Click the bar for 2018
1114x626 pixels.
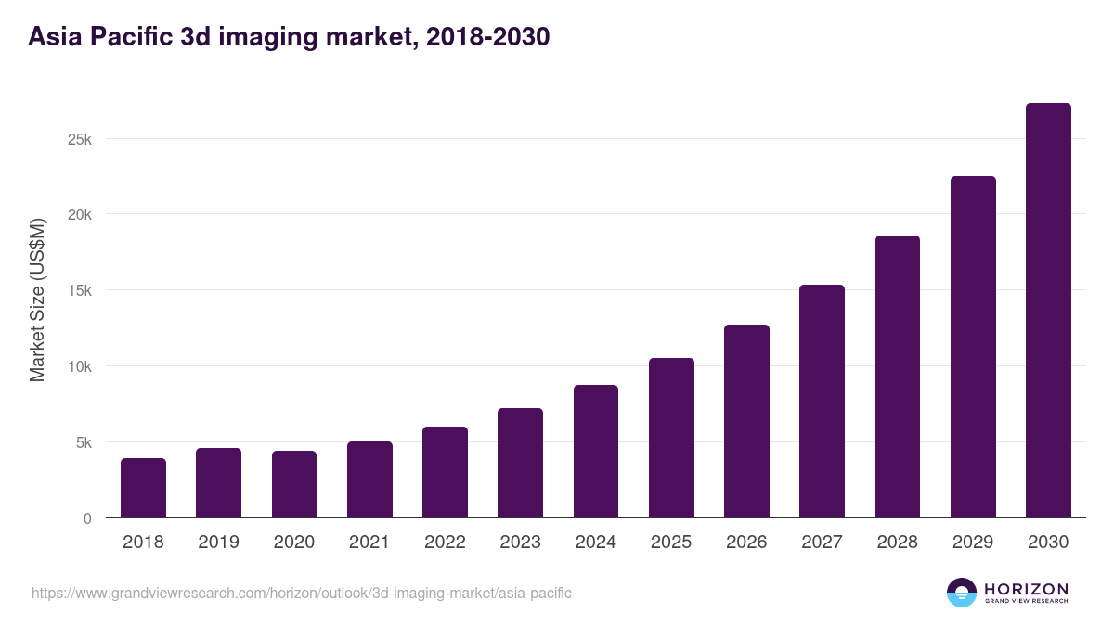pos(143,488)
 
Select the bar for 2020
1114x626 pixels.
pos(294,484)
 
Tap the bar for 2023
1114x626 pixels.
pos(520,463)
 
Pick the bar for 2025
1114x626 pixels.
pos(671,438)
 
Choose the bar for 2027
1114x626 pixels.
pos(822,401)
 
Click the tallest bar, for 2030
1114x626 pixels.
pos(1048,311)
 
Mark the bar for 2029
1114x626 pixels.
pos(973,347)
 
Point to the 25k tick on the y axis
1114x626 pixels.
pos(79,139)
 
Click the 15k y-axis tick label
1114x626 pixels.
pos(79,290)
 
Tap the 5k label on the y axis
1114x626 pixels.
pos(83,442)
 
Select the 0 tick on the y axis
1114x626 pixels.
pos(87,518)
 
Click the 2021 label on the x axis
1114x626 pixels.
pos(369,543)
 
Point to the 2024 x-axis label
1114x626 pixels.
pos(595,543)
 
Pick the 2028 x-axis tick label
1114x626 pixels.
pos(897,543)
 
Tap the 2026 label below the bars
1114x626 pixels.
pos(746,543)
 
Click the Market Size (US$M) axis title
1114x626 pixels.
pos(37,300)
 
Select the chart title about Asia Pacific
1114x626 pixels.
pos(289,37)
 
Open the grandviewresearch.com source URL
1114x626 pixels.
pos(302,593)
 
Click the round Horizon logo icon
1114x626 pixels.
pos(962,593)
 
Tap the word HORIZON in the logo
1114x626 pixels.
pos(1026,589)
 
